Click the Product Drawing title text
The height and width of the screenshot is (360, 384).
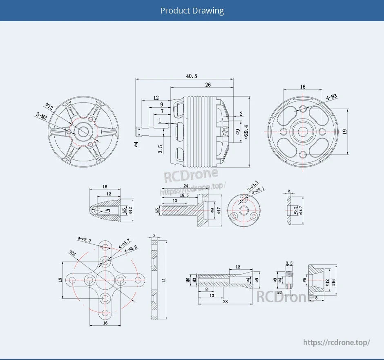[x=192, y=11]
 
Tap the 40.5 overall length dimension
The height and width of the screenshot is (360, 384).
[x=191, y=76]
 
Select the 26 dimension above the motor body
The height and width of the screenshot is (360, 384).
[x=208, y=85]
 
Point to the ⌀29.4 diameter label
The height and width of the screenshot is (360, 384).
[x=246, y=132]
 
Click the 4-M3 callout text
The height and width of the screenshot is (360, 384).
[x=331, y=97]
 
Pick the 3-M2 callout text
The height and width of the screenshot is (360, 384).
[x=41, y=117]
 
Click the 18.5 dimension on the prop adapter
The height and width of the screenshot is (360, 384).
[x=184, y=196]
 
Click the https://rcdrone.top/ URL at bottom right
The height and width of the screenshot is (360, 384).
[x=337, y=342]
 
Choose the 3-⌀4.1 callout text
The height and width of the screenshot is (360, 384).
[x=252, y=185]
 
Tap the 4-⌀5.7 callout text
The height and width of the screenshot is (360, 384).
[x=124, y=243]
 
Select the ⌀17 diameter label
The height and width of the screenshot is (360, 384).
[x=219, y=210]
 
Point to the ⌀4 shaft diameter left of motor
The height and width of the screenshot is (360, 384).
[x=136, y=144]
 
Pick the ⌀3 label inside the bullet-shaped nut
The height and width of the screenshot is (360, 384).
[x=107, y=210]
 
